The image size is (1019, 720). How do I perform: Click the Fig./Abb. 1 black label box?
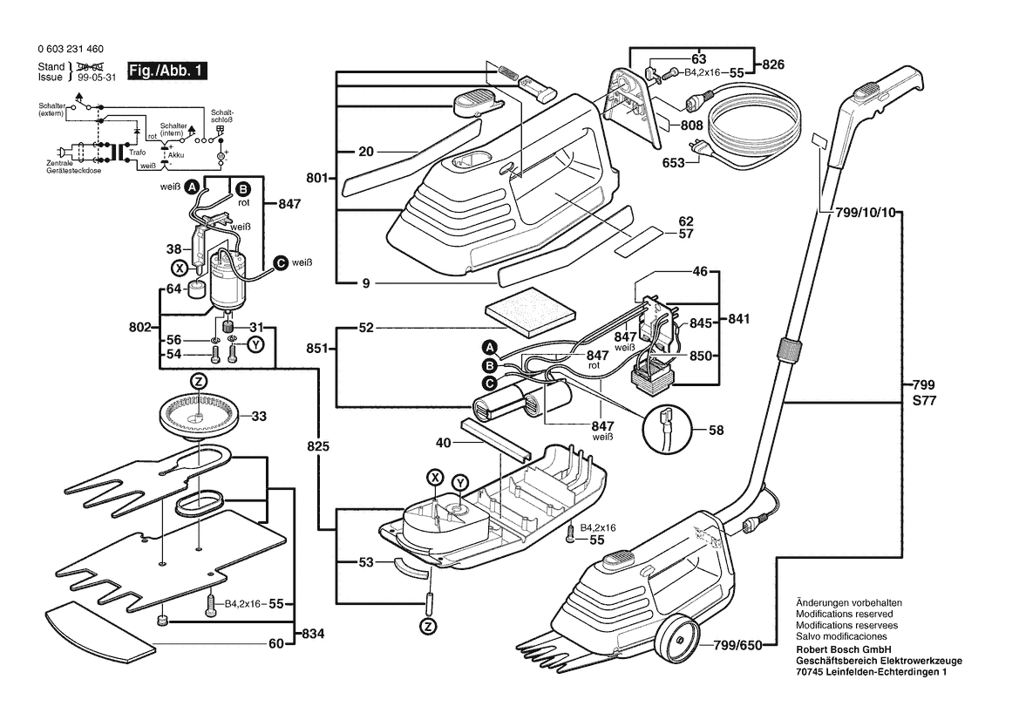point(166,71)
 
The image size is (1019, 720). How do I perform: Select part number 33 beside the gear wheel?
point(259,417)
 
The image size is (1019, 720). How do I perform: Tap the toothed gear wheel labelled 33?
point(199,417)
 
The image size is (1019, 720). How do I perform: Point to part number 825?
point(318,446)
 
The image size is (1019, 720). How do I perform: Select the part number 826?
point(773,64)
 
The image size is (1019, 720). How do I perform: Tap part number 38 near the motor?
point(174,248)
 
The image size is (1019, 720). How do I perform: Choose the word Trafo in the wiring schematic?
point(137,152)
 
